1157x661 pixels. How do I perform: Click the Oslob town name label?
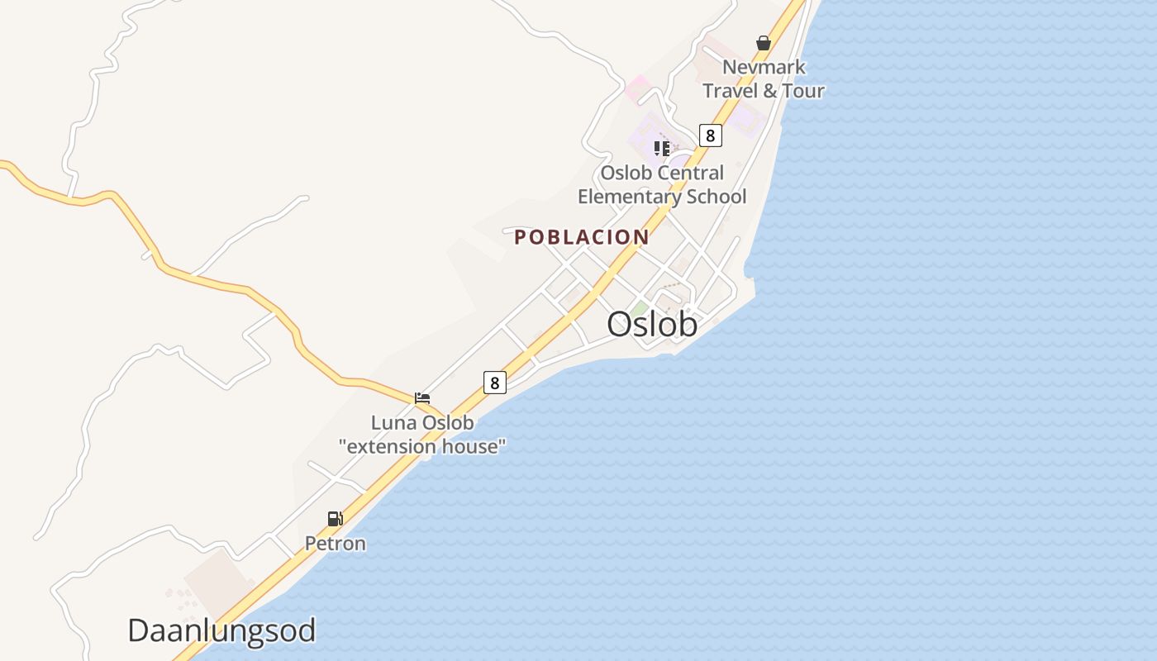652,325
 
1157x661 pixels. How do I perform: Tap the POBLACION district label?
581,237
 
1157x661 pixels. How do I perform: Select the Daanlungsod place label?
221,630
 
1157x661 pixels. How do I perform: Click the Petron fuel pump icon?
335,519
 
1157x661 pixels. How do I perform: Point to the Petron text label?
336,543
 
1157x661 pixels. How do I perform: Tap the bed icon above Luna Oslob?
422,397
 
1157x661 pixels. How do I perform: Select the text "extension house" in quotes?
422,446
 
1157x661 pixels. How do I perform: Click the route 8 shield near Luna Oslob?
494,383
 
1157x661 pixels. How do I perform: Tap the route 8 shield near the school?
710,136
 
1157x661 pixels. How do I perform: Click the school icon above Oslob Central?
661,149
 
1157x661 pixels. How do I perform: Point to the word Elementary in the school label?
628,197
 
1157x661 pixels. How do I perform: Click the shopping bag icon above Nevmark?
764,43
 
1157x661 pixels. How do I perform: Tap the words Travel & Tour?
764,91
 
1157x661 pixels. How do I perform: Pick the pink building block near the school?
636,87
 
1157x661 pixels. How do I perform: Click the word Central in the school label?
686,174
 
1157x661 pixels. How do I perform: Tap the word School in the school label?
716,197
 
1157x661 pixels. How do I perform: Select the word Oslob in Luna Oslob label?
448,423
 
